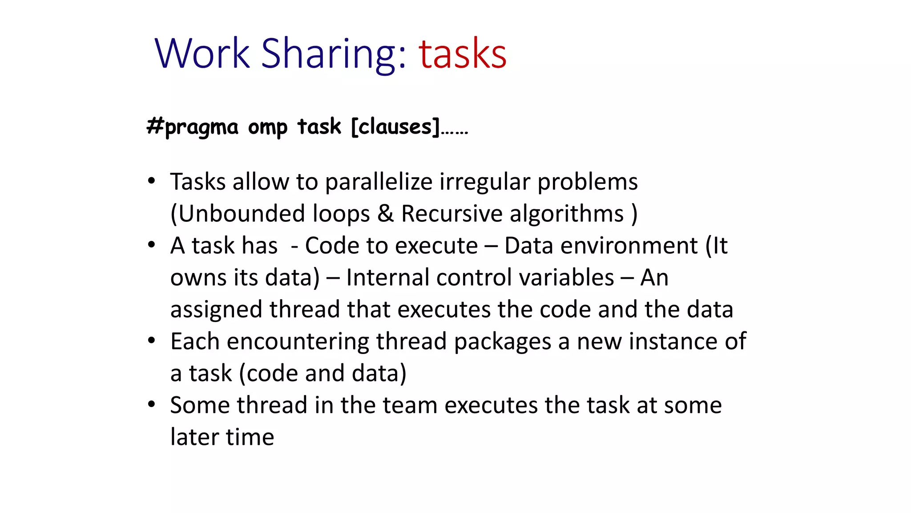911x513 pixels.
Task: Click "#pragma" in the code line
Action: pyautogui.click(x=193, y=127)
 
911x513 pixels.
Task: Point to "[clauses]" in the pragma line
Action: pyautogui.click(x=395, y=127)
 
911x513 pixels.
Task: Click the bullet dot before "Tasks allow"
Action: pyautogui.click(x=152, y=181)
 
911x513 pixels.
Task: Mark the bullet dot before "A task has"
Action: pyautogui.click(x=152, y=245)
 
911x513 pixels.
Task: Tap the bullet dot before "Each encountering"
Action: pyautogui.click(x=152, y=341)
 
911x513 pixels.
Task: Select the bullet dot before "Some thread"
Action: pyautogui.click(x=152, y=404)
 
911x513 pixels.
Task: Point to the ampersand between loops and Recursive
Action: pyautogui.click(x=385, y=213)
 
